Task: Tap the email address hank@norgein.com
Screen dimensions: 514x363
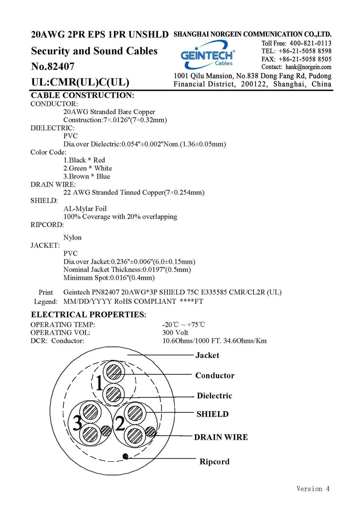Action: [x=308, y=67]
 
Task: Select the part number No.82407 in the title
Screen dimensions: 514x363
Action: [x=53, y=66]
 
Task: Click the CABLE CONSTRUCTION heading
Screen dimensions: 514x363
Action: [x=82, y=95]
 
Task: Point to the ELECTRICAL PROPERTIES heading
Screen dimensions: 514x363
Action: [x=89, y=314]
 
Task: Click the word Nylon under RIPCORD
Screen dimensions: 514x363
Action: [x=72, y=237]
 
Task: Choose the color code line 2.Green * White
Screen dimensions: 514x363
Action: [x=87, y=168]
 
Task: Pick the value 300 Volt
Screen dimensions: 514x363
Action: [x=175, y=332]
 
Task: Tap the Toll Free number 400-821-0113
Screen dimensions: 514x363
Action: [x=310, y=43]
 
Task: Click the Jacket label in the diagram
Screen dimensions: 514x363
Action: [x=207, y=355]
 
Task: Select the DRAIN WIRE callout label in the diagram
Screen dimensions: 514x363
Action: [x=221, y=437]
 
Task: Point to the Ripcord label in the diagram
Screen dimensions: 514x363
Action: [x=215, y=462]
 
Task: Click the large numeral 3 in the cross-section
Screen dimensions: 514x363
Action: [x=78, y=423]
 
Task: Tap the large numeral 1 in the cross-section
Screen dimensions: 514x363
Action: [x=99, y=383]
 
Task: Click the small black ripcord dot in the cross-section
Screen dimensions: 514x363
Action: [x=125, y=456]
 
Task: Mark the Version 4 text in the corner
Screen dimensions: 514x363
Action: [x=313, y=489]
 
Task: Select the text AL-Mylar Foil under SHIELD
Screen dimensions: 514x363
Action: [x=85, y=209]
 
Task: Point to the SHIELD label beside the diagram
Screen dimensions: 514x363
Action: [x=213, y=414]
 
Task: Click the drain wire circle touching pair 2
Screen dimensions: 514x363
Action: [x=150, y=431]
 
